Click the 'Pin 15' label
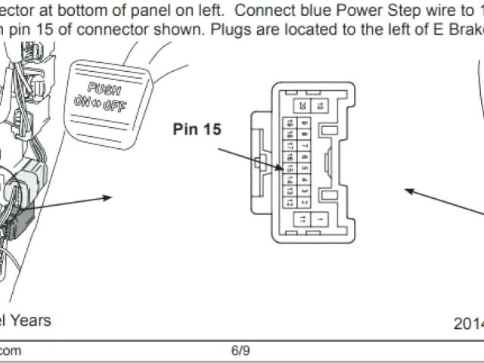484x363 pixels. tap(197, 129)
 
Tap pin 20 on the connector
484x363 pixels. tap(302, 106)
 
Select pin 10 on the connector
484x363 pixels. tap(321, 106)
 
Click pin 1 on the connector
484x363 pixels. tap(321, 219)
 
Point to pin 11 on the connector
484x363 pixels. tap(302, 219)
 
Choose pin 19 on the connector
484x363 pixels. tap(288, 123)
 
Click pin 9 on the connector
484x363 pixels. tap(303, 123)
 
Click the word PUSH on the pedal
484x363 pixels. tap(104, 87)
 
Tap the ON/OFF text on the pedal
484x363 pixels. tap(100, 104)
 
